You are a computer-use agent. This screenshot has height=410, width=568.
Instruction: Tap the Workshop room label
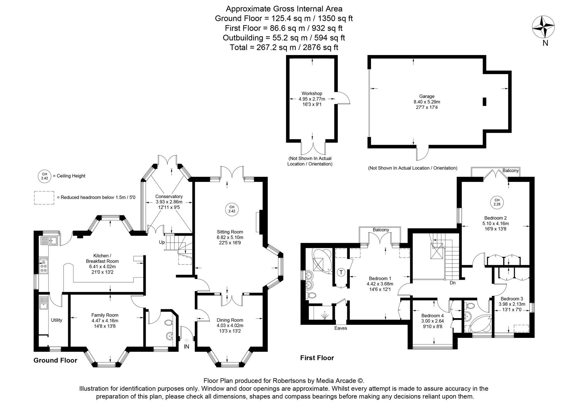pyautogui.click(x=312, y=93)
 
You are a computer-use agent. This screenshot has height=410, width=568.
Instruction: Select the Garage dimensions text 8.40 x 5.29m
pyautogui.click(x=427, y=102)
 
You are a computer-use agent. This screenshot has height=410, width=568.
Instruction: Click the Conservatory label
pyautogui.click(x=169, y=196)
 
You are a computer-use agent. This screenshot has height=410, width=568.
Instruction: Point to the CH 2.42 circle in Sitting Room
pyautogui.click(x=232, y=209)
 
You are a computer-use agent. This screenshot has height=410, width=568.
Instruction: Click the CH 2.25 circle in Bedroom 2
pyautogui.click(x=497, y=202)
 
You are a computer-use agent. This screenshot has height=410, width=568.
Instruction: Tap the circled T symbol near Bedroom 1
pyautogui.click(x=341, y=272)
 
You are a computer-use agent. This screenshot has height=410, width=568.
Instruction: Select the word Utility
pyautogui.click(x=57, y=320)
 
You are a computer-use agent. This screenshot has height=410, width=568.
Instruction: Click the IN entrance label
pyautogui.click(x=186, y=346)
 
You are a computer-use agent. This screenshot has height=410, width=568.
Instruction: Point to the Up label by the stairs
pyautogui.click(x=162, y=242)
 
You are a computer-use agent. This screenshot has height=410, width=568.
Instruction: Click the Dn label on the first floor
pyautogui.click(x=453, y=283)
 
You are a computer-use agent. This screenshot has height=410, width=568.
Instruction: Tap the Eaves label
pyautogui.click(x=341, y=328)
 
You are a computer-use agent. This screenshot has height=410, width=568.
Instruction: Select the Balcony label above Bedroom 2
pyautogui.click(x=510, y=171)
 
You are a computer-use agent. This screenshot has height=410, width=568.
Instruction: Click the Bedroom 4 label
pyautogui.click(x=432, y=316)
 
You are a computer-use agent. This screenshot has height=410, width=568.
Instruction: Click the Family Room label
pyautogui.click(x=105, y=315)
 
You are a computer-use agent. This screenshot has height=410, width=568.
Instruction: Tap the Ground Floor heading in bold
pyautogui.click(x=55, y=360)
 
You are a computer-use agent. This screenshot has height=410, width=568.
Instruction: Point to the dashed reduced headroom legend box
pyautogui.click(x=44, y=197)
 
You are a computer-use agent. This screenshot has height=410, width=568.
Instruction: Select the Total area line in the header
pyautogui.click(x=284, y=47)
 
